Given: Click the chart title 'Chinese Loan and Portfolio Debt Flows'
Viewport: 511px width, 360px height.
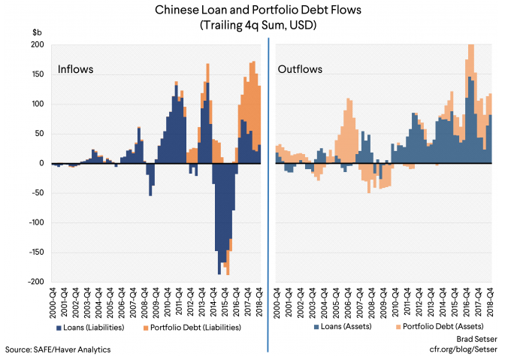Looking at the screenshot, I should click(255, 11).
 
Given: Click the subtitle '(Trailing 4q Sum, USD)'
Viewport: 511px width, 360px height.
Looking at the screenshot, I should click(255, 26).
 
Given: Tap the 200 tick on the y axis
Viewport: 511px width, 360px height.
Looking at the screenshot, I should click(36, 45).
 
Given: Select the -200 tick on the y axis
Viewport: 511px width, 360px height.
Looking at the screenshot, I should click(35, 282).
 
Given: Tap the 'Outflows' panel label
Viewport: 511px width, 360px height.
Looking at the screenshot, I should click(300, 70).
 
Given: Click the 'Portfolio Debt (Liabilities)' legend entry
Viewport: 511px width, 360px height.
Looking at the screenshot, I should click(198, 327).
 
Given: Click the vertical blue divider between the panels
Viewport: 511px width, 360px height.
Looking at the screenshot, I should click(268, 188).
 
